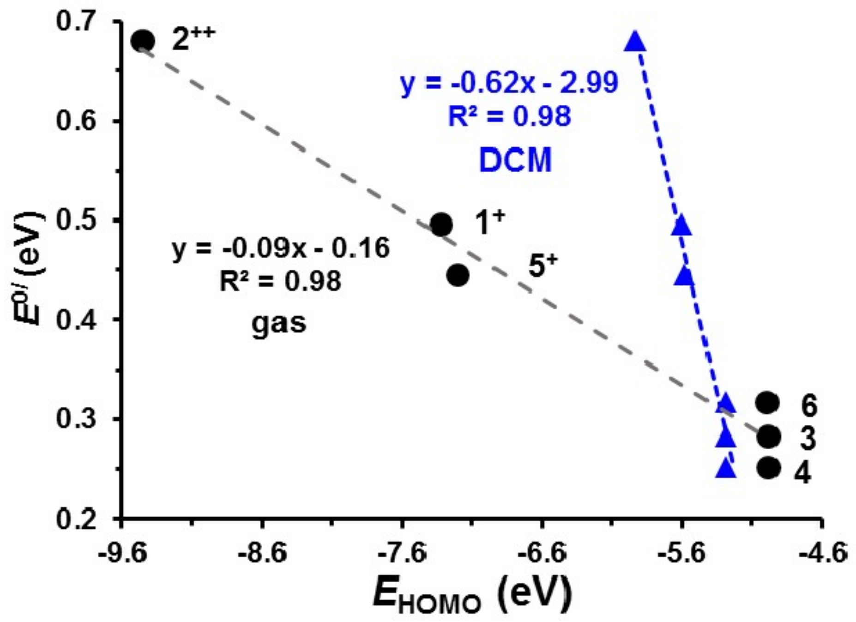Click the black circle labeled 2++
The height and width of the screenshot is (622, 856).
143,41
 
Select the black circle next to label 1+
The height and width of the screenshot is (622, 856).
441,224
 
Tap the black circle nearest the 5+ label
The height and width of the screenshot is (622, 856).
458,275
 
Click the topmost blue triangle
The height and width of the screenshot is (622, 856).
635,42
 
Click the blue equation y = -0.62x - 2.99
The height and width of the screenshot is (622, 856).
509,84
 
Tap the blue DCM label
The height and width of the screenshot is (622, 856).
515,161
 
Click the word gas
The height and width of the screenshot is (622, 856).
278,323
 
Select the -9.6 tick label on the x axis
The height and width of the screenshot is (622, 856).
123,552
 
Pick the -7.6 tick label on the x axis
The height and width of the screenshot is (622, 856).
403,552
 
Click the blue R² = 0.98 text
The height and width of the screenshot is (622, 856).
510,116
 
